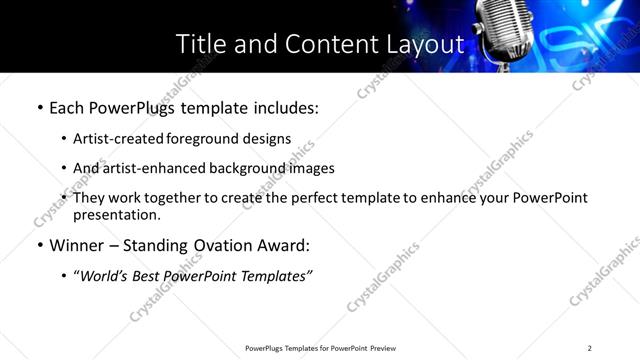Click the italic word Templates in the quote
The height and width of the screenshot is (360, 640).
pyautogui.click(x=275, y=276)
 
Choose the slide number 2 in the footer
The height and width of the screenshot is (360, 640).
pyautogui.click(x=589, y=348)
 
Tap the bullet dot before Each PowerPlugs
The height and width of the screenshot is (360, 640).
pyautogui.click(x=39, y=107)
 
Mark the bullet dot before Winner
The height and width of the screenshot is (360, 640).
pyautogui.click(x=39, y=246)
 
